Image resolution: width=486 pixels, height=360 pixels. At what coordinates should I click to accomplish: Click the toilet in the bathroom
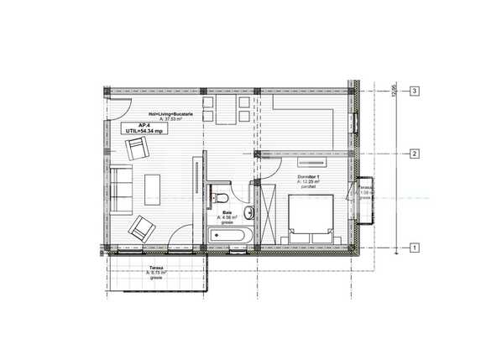(x=222, y=197)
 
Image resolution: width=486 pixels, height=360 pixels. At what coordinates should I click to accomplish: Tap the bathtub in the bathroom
(x=231, y=237)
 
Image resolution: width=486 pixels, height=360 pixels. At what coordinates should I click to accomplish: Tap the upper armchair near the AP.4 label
(x=137, y=151)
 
